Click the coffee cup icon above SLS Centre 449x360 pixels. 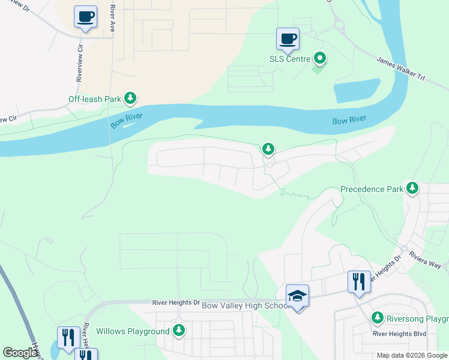coord(288,38)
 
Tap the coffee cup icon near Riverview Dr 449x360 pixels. coord(85,16)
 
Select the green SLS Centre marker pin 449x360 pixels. coord(321,59)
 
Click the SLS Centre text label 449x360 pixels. coord(289,59)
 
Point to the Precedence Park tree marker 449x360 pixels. coord(412,188)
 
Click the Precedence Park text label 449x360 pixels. coord(372,189)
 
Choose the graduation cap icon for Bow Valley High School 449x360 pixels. coord(297,296)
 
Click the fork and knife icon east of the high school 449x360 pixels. coord(359,281)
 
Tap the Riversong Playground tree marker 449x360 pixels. coord(378,317)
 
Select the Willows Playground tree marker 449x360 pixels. coord(178,331)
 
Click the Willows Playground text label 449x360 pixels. coord(133,331)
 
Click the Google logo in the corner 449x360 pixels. coord(20,353)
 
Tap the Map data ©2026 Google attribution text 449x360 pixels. coord(412,355)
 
